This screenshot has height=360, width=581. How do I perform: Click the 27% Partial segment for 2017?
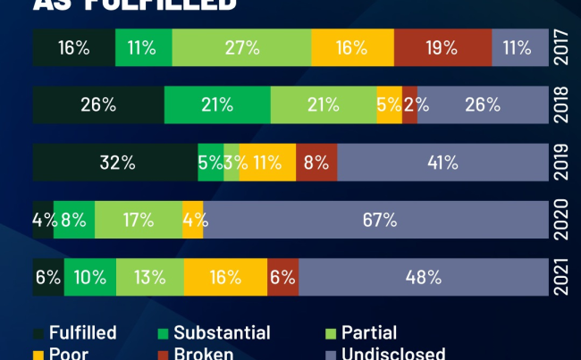pos(241,47)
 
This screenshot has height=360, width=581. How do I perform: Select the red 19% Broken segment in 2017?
pos(442,47)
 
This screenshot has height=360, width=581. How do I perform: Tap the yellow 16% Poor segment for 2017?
pos(352,47)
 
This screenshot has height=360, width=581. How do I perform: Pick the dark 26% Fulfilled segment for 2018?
pos(98,105)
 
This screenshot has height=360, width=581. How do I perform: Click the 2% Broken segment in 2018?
pos(409,105)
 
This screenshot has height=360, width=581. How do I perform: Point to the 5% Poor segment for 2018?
pos(389,105)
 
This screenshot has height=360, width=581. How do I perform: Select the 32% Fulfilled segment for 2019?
pos(115,163)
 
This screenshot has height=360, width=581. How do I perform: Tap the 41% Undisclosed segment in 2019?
pos(442,163)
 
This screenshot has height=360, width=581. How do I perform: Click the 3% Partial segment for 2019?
pos(232,163)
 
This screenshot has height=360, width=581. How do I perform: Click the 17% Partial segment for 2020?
pos(138,220)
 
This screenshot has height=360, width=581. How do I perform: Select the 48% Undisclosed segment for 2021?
pos(423,277)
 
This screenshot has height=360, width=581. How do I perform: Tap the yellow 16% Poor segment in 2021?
pos(225,277)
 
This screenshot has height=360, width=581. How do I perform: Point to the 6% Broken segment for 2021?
pos(282,277)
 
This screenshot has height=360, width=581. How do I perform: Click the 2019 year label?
pos(562,163)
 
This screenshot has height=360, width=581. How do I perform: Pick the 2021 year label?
pos(562,277)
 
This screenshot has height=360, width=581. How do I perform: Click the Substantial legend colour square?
pos(163,333)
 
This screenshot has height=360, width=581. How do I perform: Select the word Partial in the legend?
pos(368,333)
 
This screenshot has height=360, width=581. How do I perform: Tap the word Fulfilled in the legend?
pos(82,333)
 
